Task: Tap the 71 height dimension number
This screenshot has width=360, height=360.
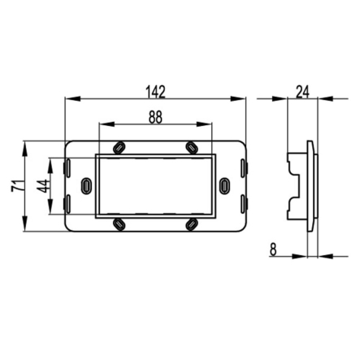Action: coord(15,187)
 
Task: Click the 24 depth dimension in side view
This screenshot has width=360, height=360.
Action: coord(303,90)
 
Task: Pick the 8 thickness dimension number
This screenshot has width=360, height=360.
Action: coord(274,249)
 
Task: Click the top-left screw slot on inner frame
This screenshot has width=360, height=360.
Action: coord(119,147)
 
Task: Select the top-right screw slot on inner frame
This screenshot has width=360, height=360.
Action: coord(191,147)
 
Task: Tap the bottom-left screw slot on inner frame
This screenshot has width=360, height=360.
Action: coord(119,222)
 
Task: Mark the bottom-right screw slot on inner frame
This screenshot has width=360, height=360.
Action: coord(191,222)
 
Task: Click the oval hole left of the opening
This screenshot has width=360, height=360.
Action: coord(87,187)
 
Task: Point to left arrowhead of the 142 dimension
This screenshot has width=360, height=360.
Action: coord(68,99)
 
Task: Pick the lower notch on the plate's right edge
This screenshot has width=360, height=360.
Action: coord(243,204)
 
